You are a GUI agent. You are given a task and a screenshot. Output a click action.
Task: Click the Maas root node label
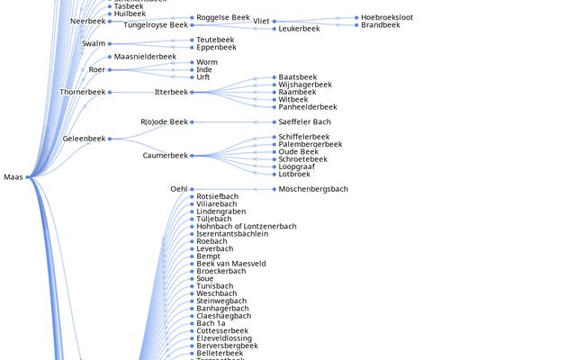(13, 177)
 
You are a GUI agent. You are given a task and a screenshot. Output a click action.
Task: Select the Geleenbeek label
(84, 139)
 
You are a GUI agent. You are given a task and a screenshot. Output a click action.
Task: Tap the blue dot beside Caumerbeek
(192, 156)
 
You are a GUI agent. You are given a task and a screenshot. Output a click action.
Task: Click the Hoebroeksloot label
(387, 17)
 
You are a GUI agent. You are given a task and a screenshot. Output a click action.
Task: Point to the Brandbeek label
(382, 25)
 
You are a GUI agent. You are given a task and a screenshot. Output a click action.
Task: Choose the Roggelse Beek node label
(223, 17)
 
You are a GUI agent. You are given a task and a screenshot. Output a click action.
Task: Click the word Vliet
(261, 21)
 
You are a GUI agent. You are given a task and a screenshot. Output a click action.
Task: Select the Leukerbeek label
(299, 29)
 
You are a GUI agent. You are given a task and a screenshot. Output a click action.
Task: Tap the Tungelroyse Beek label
(156, 25)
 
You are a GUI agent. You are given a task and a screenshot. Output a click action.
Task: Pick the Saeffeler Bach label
(304, 121)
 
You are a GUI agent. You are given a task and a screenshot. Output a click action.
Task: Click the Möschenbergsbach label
(312, 189)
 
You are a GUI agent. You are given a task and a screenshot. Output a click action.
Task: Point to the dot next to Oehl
(192, 189)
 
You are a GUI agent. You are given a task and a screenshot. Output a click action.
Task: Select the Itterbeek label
(171, 92)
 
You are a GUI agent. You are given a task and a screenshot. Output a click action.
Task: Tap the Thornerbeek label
(83, 92)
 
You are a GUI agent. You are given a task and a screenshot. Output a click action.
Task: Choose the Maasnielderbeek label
(145, 57)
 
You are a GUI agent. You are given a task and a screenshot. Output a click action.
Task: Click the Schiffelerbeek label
(304, 137)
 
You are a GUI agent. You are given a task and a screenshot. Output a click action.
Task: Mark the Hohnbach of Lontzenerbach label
(246, 226)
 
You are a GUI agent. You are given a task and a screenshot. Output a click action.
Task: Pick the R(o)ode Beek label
(164, 121)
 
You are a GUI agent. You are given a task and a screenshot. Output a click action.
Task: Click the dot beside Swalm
(110, 43)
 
